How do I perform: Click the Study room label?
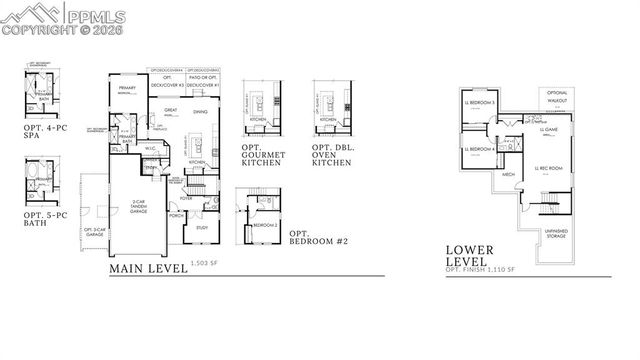pos(201,229)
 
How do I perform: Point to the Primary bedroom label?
pos(128,89)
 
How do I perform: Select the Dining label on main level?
pos(199,111)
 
